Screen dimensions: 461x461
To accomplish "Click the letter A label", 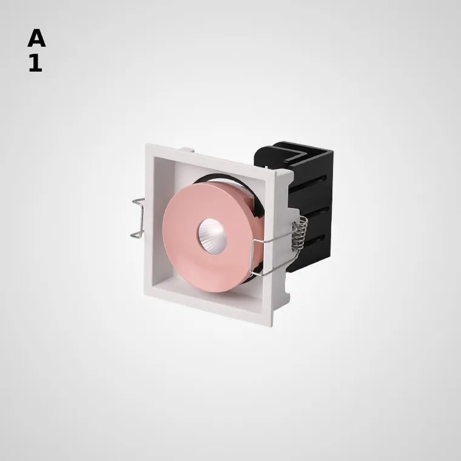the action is coord(36,38).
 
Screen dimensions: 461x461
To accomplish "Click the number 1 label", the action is coord(36,63).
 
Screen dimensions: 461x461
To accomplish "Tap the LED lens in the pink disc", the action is coord(212,232).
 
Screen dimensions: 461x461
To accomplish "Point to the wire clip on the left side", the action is coord(138,218).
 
